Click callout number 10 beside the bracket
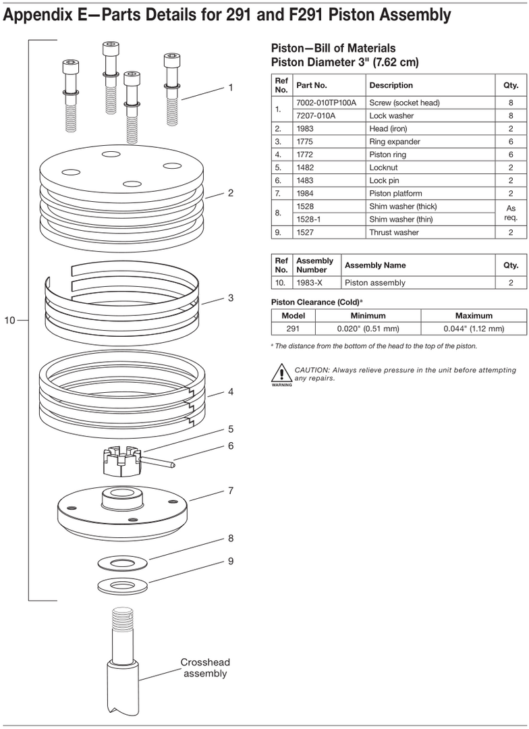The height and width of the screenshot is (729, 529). click(9, 321)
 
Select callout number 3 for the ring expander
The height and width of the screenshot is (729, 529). click(230, 298)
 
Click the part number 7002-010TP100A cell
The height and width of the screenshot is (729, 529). click(327, 103)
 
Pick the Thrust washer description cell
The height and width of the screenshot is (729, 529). click(394, 232)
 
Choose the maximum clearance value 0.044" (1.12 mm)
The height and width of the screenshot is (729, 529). click(474, 329)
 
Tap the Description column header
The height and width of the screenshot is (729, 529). click(391, 86)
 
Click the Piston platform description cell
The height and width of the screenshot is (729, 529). click(395, 194)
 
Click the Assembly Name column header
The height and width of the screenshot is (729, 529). click(375, 265)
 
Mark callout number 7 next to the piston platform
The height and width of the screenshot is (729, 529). click(230, 491)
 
